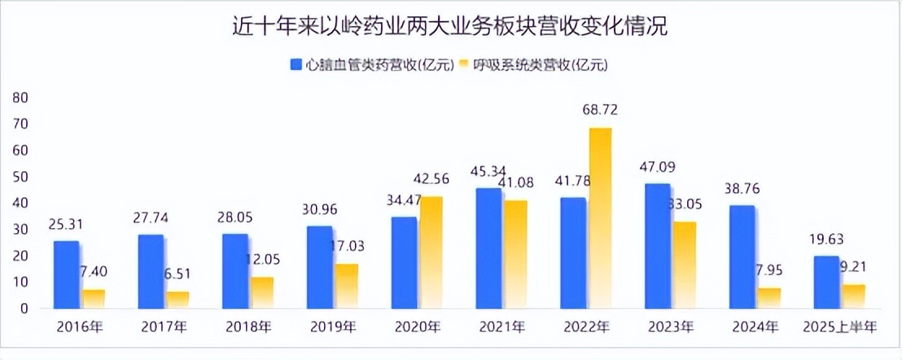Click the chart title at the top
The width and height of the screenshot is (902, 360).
pos(449,26)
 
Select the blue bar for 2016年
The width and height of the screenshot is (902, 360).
pos(67,274)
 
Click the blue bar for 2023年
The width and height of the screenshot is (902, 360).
pos(657,245)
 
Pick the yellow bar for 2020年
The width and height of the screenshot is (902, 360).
pos(431,252)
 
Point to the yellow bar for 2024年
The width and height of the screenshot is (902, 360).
pos(768,297)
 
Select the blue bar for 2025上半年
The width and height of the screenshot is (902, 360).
pos(826,281)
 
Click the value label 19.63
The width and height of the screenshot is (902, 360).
pos(825,240)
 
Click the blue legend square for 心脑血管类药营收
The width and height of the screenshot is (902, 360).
pos(296,64)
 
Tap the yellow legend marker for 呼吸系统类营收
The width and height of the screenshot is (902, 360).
pos(465,64)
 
